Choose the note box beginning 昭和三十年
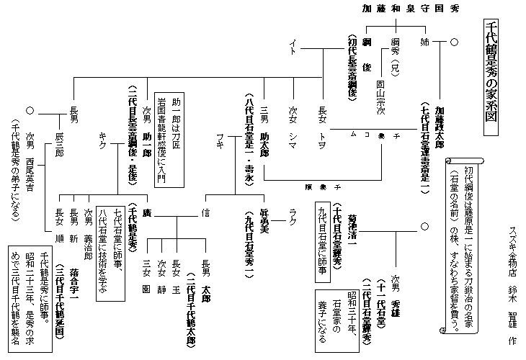[331, 316]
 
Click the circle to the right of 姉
[454, 42]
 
